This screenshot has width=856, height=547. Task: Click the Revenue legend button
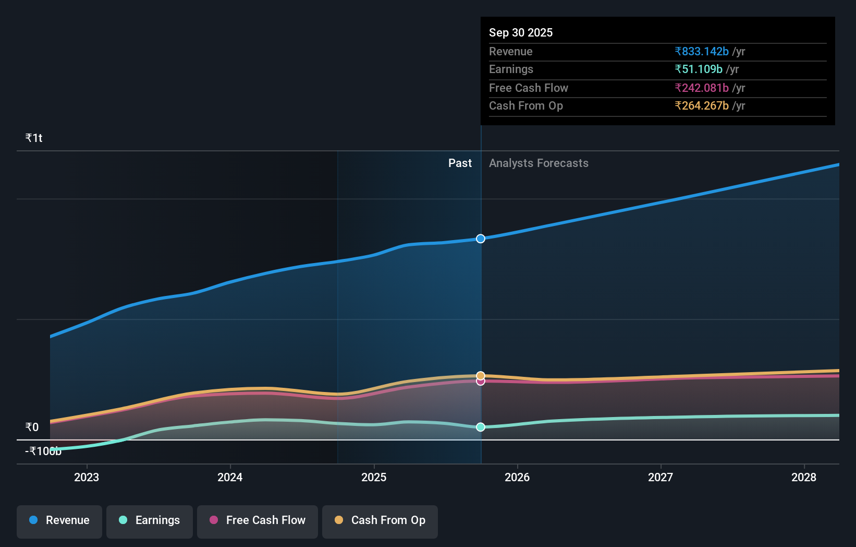[59, 520]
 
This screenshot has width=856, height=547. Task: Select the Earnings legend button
[150, 520]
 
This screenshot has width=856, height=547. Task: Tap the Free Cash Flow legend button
[258, 520]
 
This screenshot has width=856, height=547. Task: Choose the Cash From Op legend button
[380, 520]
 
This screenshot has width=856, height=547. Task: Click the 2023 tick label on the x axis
[87, 477]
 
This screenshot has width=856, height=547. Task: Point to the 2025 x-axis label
[374, 477]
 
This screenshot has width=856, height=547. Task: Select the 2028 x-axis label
[803, 477]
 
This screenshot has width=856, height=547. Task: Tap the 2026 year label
[517, 477]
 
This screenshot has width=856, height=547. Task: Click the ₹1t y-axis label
[34, 138]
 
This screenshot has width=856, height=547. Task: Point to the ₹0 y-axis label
[32, 427]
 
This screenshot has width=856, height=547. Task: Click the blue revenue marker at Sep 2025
[481, 239]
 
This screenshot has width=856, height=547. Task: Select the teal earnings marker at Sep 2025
[481, 427]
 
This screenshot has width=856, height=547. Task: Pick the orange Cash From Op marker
[481, 375]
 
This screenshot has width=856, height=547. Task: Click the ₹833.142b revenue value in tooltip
[702, 51]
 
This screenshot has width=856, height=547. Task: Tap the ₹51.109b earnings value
[699, 69]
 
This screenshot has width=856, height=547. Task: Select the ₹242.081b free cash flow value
[702, 88]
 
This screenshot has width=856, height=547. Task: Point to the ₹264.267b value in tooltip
[702, 105]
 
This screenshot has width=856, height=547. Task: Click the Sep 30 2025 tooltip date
[521, 32]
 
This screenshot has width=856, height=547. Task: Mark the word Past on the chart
[460, 163]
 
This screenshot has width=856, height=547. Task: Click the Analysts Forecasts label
[539, 163]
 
